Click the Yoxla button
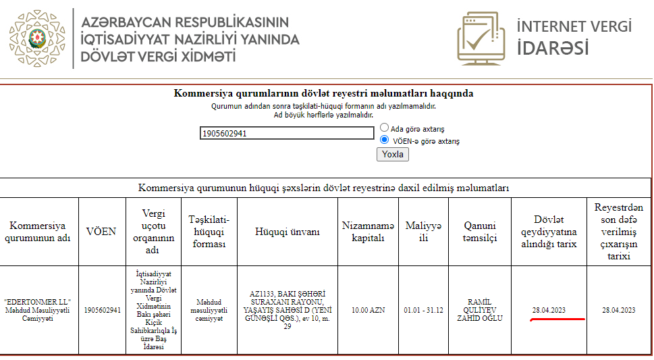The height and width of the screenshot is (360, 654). (x=392, y=154)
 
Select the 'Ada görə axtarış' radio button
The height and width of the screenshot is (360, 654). (x=384, y=127)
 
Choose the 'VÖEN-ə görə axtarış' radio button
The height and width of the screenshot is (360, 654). (x=384, y=140)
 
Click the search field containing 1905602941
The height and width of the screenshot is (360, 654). (x=287, y=133)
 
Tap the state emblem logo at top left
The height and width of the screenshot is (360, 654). (x=37, y=38)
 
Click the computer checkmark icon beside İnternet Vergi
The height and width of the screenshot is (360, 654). (x=481, y=38)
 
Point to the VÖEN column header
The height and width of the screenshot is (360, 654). (x=101, y=232)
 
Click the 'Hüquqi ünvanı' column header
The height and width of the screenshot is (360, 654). (x=287, y=232)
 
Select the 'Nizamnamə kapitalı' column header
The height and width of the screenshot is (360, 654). (x=368, y=232)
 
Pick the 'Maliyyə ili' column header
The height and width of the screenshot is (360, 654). (x=423, y=232)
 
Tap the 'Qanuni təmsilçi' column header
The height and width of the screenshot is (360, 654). (x=479, y=232)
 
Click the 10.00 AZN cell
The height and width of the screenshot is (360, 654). (x=368, y=310)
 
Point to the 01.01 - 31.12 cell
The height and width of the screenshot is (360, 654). (x=423, y=310)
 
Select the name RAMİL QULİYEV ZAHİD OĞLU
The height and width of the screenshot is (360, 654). (x=480, y=310)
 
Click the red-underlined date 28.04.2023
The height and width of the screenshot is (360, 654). (x=549, y=310)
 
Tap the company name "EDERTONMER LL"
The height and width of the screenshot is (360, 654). (x=38, y=301)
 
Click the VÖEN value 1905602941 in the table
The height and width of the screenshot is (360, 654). (x=102, y=310)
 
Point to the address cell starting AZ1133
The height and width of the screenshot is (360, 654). (x=287, y=310)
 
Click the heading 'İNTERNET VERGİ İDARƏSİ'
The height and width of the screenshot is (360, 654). (x=574, y=38)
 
